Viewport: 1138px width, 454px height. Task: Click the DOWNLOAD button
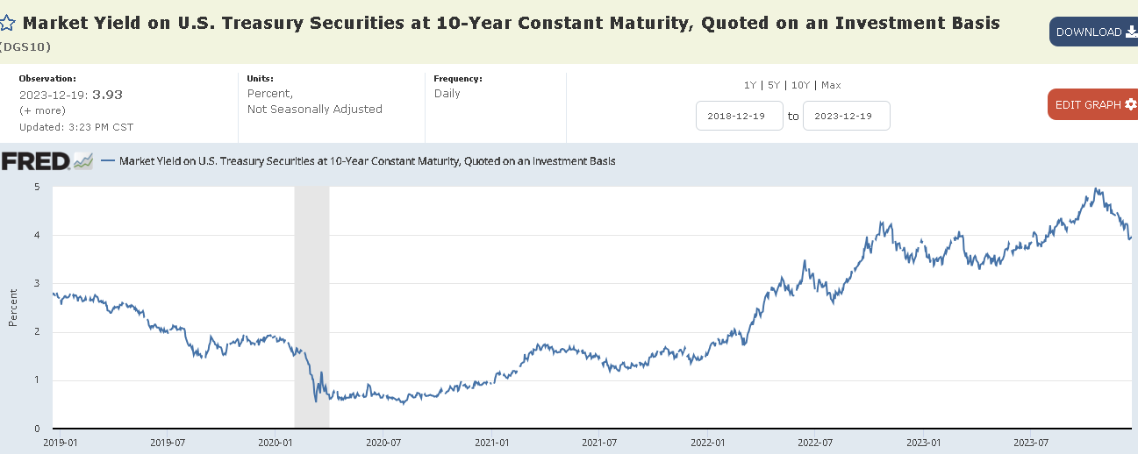tap(1093, 32)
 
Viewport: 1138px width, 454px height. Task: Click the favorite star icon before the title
tap(7, 24)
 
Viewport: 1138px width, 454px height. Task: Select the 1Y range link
tap(749, 85)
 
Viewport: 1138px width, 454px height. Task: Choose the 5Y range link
tap(773, 85)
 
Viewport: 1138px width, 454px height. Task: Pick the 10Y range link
tap(799, 85)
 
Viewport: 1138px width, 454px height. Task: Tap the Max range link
tap(830, 85)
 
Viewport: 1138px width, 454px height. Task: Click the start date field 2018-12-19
tap(739, 116)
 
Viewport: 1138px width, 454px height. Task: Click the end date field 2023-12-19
tap(846, 116)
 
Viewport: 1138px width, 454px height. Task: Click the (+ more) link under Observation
tap(42, 110)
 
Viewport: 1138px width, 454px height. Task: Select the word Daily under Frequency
tap(447, 94)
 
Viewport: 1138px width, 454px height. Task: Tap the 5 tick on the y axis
tap(37, 187)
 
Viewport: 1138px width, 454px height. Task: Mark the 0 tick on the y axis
tap(37, 429)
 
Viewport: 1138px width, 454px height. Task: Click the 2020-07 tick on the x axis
tap(383, 443)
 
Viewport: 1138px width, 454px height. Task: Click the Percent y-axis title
tap(13, 309)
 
